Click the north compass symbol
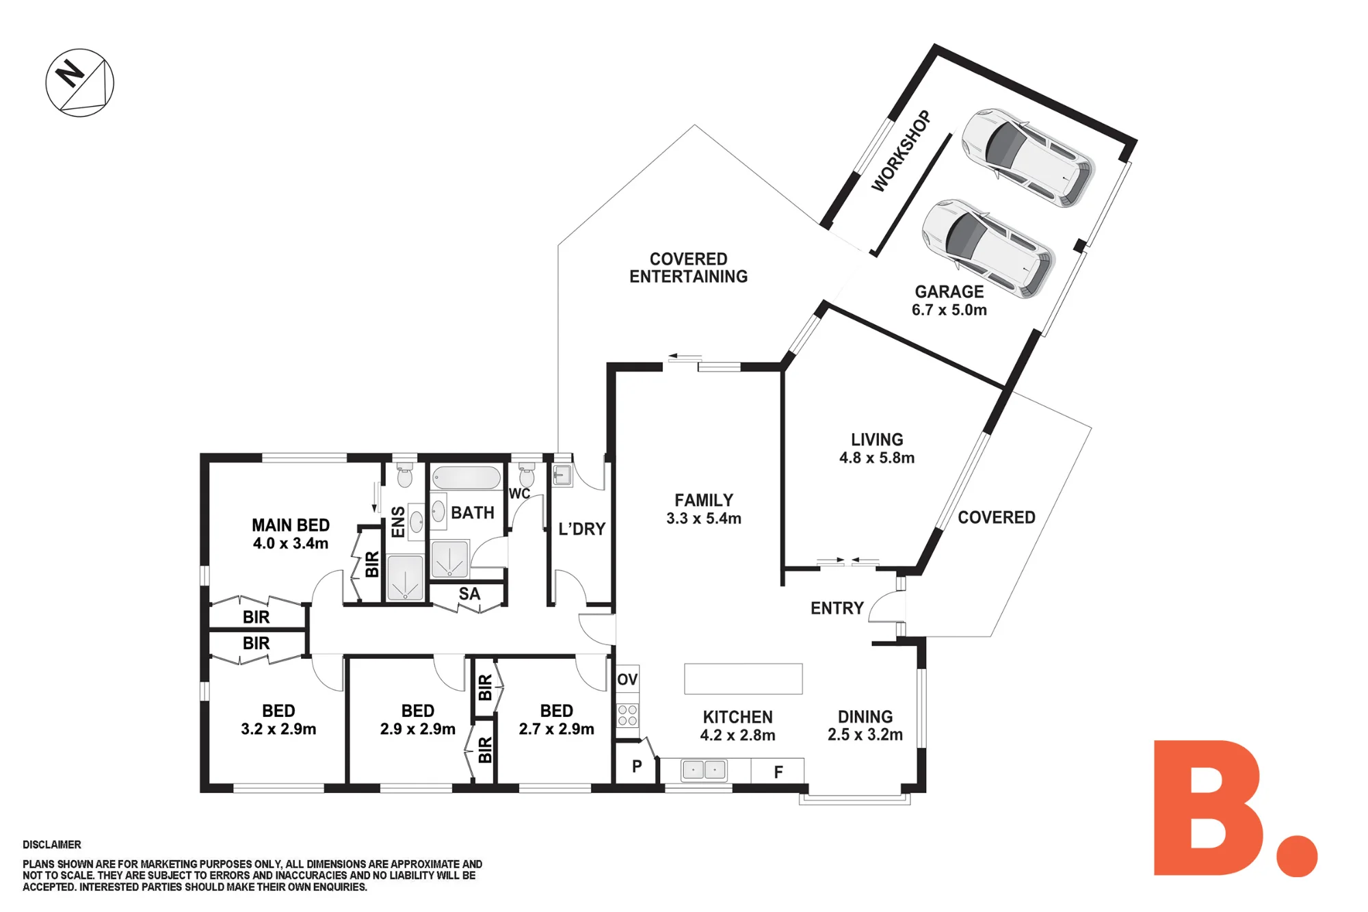[80, 83]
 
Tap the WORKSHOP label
[901, 151]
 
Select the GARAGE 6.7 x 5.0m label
[949, 300]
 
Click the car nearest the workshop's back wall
[1028, 157]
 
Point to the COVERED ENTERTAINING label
[689, 268]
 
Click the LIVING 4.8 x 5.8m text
[877, 448]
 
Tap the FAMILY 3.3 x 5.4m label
[704, 509]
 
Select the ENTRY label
[837, 608]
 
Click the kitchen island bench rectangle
[744, 679]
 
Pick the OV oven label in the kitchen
[627, 679]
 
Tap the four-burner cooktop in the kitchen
[628, 716]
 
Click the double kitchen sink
[704, 770]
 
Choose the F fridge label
[778, 772]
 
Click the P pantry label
[637, 766]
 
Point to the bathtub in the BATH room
[466, 478]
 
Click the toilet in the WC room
[527, 473]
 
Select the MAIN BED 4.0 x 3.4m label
[291, 534]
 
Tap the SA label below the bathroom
[469, 594]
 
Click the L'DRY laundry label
[582, 529]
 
